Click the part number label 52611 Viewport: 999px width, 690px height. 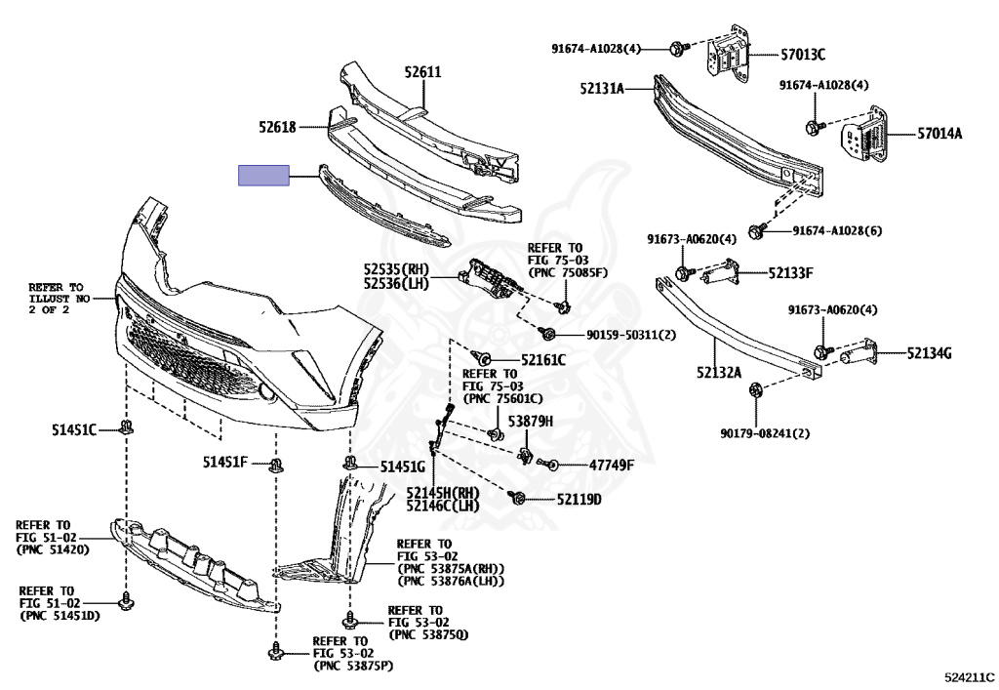(423, 71)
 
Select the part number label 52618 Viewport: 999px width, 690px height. (277, 126)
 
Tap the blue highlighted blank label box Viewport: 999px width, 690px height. (264, 176)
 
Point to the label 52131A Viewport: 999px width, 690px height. (601, 88)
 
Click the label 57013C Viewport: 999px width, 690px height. (801, 54)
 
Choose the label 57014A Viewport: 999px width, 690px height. (938, 134)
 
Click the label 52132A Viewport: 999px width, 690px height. (719, 372)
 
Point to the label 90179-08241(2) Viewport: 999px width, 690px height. (766, 432)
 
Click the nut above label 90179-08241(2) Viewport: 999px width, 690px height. (757, 391)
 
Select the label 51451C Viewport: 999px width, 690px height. (74, 428)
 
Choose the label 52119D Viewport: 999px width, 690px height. (579, 500)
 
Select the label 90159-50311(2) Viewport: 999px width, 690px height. (631, 335)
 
